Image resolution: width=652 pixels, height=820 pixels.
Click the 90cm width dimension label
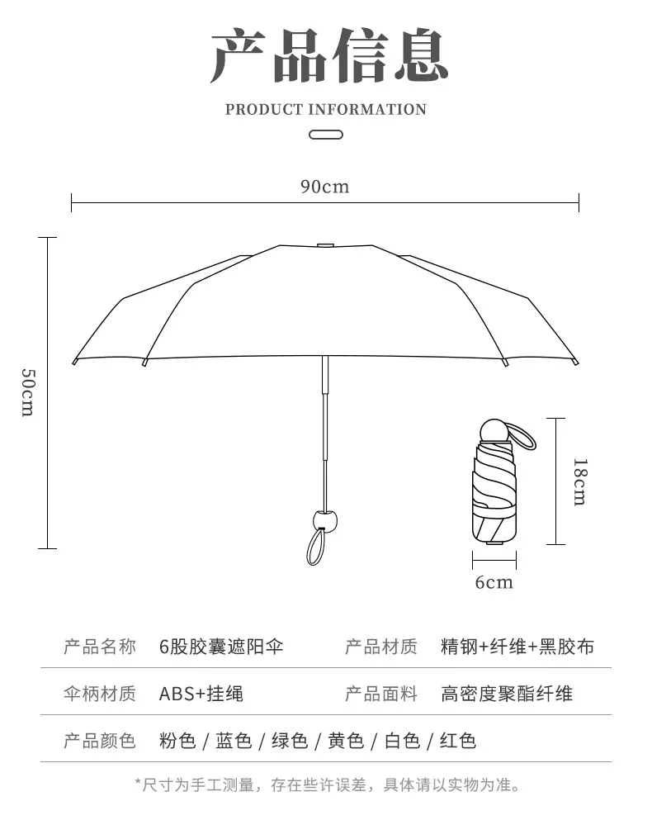[324, 187]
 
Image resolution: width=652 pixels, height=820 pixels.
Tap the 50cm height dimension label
[28, 392]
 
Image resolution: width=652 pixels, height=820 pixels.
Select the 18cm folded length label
[580, 481]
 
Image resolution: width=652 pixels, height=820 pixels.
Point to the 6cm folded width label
[494, 582]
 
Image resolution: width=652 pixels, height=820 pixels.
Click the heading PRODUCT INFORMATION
[326, 109]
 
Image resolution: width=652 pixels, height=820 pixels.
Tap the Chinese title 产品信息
[329, 55]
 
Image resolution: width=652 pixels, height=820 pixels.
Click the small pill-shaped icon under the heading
[326, 135]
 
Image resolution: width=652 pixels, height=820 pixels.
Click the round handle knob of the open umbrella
[324, 521]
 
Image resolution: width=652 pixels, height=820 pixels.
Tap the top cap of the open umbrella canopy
[326, 244]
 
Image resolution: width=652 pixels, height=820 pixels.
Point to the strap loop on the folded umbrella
[526, 436]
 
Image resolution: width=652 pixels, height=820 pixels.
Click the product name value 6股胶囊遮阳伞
[221, 647]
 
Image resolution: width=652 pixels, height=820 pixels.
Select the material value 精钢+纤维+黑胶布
[517, 647]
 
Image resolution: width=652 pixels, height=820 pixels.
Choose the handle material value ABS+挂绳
[201, 694]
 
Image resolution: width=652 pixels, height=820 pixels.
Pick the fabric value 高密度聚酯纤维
[506, 694]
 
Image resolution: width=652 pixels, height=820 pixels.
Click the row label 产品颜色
[99, 741]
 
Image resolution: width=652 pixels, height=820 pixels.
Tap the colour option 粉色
[177, 741]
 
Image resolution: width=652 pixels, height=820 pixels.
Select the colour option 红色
[458, 741]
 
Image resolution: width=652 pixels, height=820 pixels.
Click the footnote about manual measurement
[328, 785]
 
